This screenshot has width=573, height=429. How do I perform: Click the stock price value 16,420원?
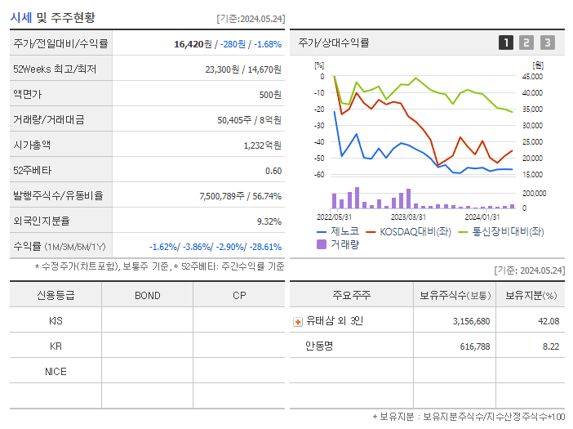(194, 44)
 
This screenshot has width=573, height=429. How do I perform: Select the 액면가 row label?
(28, 95)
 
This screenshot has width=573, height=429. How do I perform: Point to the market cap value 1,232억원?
(262, 145)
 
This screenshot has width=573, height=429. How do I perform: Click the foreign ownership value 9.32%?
(269, 221)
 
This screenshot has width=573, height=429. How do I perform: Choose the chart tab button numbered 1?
(506, 42)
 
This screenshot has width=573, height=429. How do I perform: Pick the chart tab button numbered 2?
(526, 42)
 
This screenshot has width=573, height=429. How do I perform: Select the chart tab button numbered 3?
(547, 42)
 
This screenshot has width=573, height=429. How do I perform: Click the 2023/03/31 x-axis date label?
(408, 217)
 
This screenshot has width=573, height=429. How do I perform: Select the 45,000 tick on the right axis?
(531, 77)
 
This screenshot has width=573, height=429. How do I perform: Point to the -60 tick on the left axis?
(319, 175)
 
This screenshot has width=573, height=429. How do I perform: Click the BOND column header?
(147, 296)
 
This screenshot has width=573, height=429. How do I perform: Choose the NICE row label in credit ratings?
(56, 371)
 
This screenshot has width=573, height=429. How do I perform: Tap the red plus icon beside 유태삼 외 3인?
(298, 321)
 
